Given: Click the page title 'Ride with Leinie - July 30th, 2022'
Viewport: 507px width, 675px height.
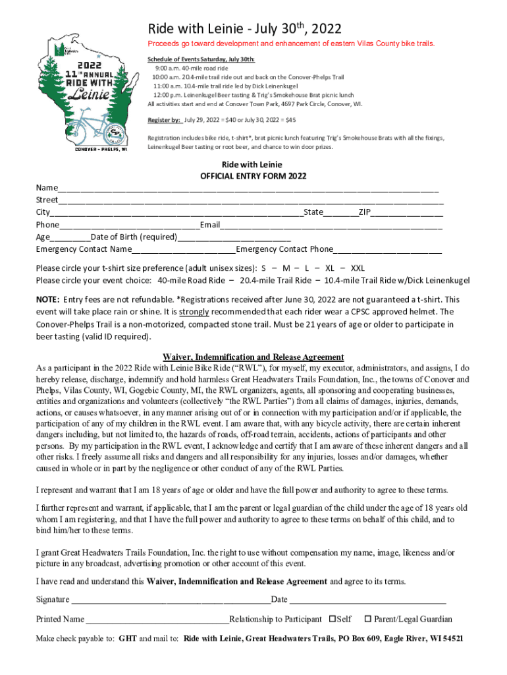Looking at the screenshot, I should [244, 28].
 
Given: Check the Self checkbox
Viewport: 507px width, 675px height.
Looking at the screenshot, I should [332, 619].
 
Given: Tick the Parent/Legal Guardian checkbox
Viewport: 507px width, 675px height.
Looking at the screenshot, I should [368, 619].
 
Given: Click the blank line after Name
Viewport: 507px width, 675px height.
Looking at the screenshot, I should [248, 189].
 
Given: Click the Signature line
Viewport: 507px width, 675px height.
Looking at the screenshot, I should [171, 600].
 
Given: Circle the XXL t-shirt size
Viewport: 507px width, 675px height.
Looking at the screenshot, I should [357, 268].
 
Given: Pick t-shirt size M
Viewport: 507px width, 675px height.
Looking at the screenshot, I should [286, 268].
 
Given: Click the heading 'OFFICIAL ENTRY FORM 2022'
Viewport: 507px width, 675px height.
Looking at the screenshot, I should [253, 176].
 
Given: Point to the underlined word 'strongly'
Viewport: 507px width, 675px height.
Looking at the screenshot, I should [194, 311].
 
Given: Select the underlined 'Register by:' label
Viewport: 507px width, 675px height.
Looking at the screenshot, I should [164, 121].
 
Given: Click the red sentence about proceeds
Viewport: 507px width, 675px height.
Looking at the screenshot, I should [290, 44].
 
